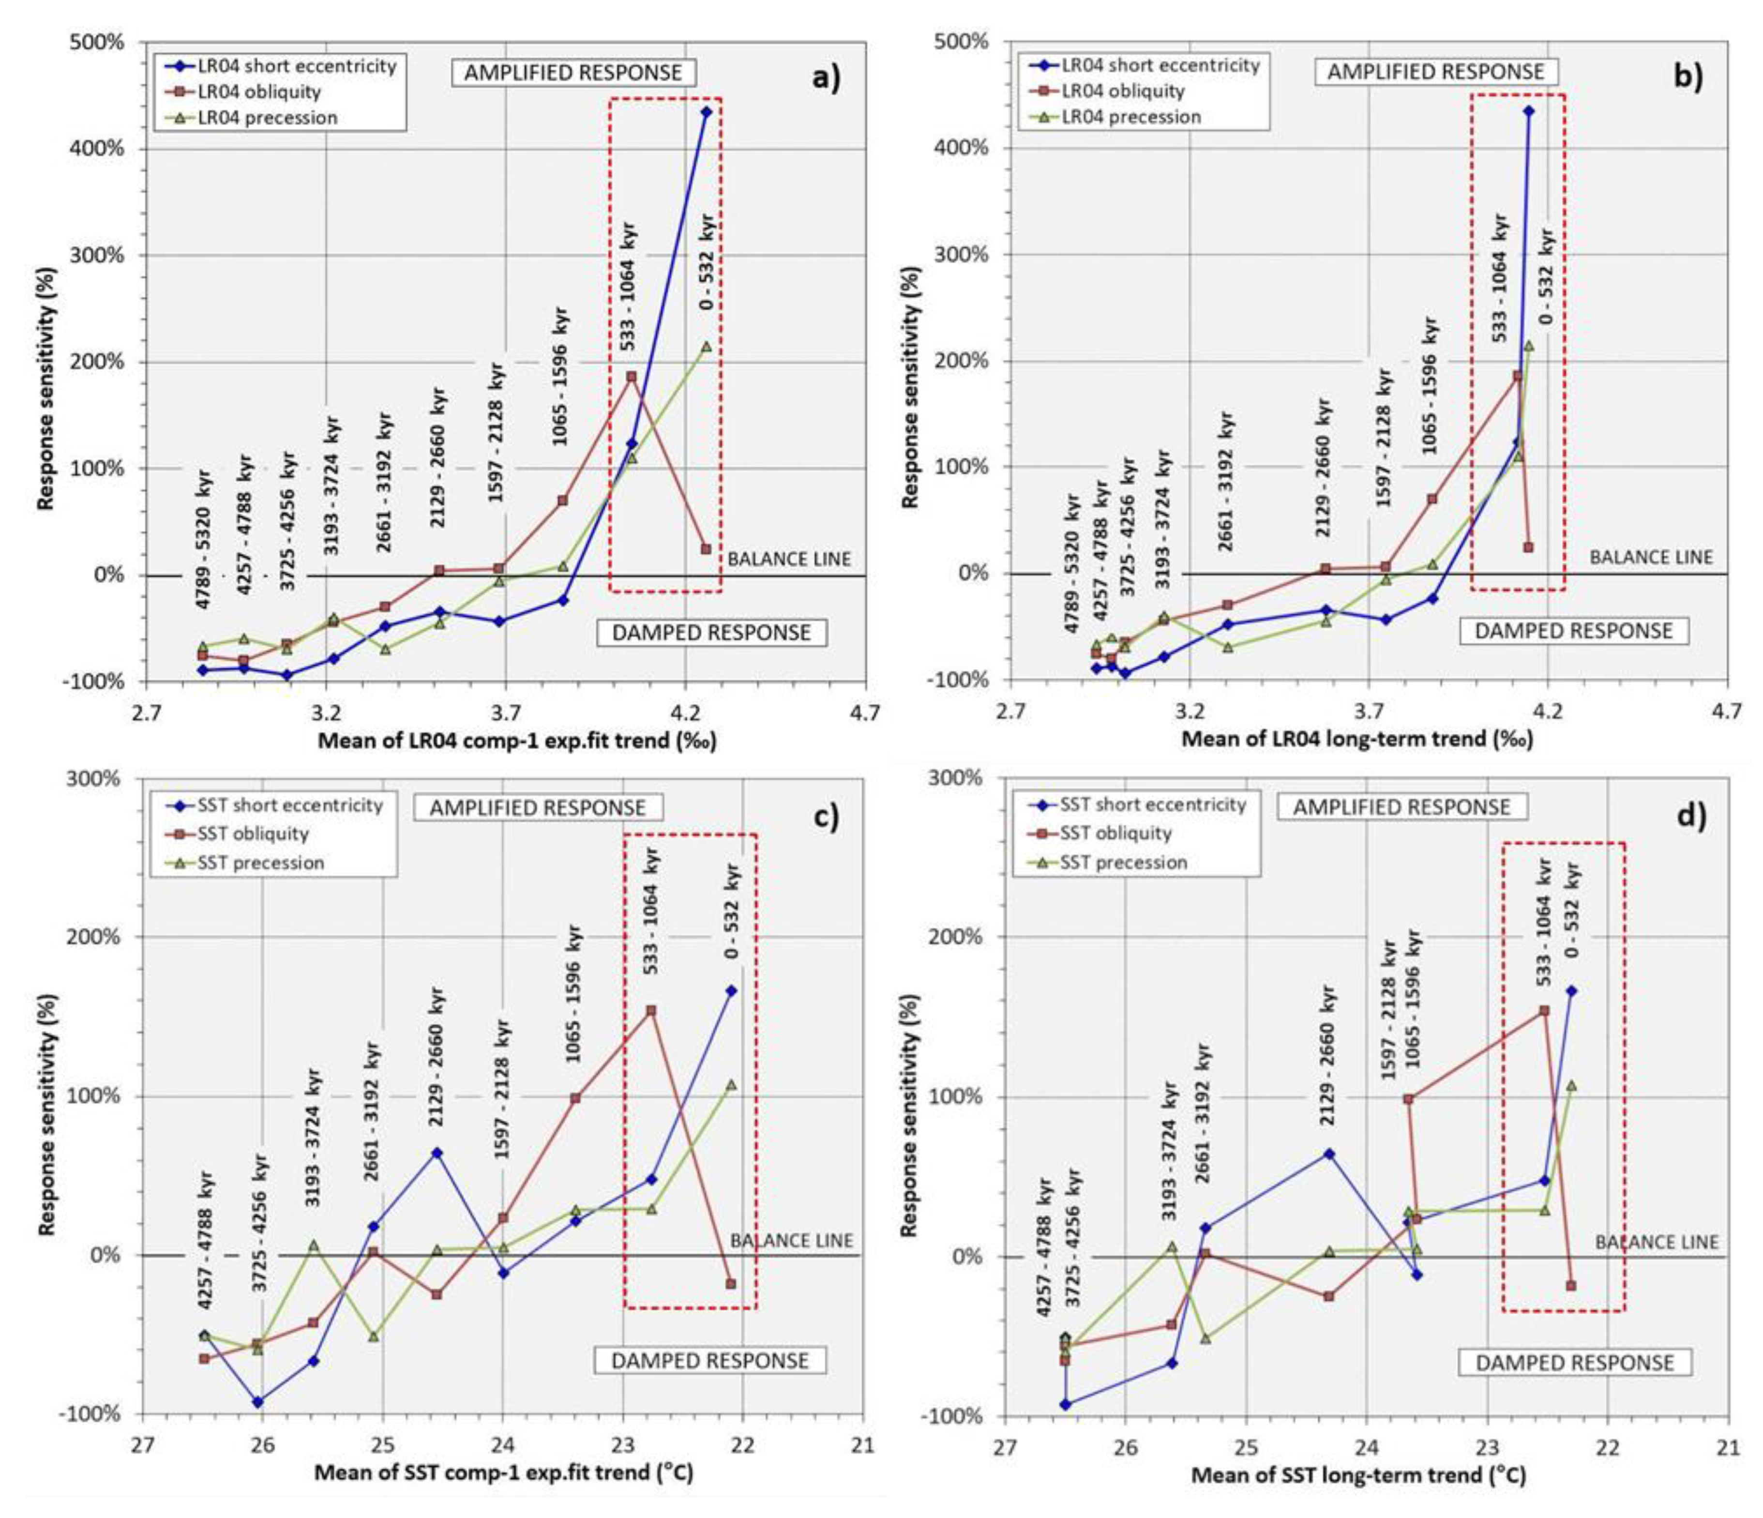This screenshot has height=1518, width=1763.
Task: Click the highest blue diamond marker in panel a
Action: tap(706, 111)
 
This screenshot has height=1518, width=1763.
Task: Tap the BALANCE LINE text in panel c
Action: tap(791, 1241)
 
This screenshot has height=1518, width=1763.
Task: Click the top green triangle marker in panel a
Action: tap(706, 346)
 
